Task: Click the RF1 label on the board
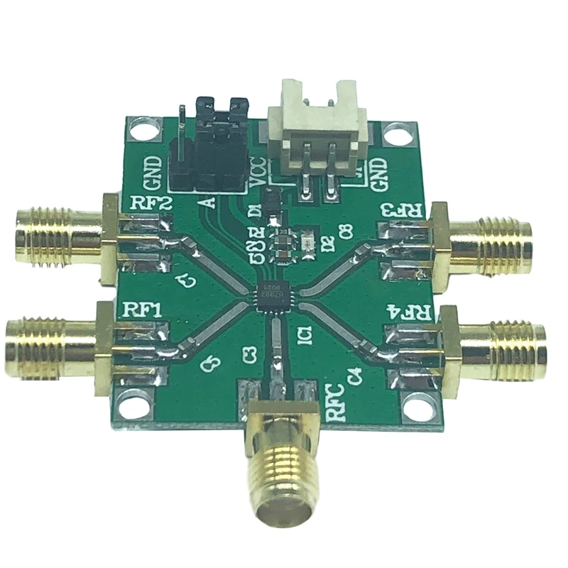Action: click(x=143, y=310)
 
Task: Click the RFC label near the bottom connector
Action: click(x=337, y=403)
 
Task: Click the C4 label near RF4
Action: click(x=354, y=375)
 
